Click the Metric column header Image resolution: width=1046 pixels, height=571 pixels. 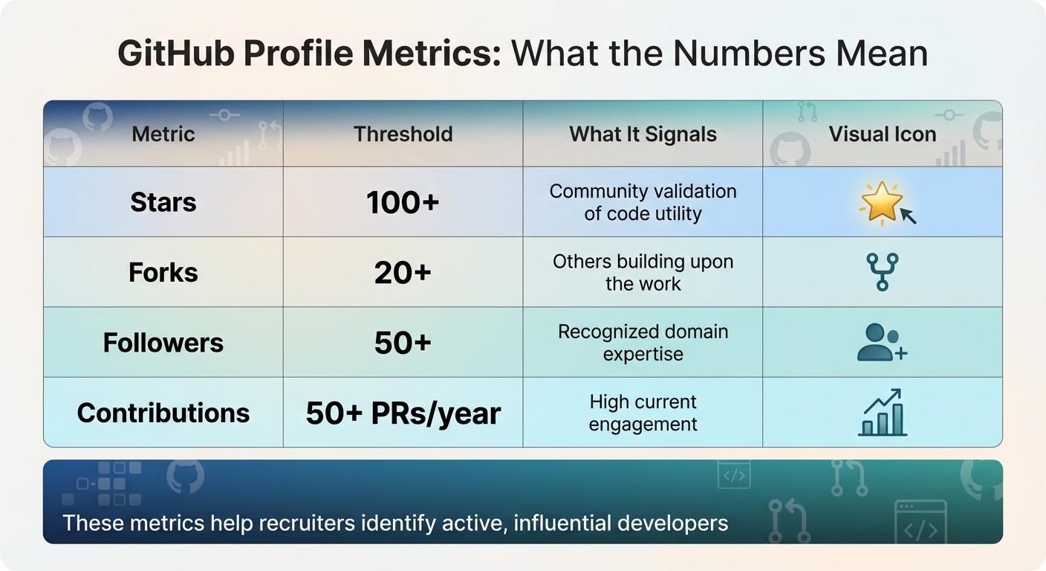coord(163,135)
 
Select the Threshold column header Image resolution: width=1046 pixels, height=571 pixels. coord(403,135)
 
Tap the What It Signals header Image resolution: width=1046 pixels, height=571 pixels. coord(643,135)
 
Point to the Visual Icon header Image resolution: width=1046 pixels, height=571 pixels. coord(883,135)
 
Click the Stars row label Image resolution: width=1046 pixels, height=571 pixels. coord(163,202)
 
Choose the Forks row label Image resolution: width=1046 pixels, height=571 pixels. coord(163,272)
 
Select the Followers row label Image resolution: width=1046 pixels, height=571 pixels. coord(163,343)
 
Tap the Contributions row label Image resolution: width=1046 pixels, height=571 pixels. coord(163,413)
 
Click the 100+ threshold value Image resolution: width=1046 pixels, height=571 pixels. coord(403,202)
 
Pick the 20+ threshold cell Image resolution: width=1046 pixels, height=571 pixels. coord(403,272)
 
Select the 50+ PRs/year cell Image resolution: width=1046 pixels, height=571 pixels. coord(403,413)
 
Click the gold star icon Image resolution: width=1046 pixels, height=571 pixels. coord(880,201)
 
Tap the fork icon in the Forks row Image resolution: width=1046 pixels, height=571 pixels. coord(883,271)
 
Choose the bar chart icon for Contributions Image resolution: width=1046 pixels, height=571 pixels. coord(883,413)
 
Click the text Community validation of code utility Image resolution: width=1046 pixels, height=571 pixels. coord(643,202)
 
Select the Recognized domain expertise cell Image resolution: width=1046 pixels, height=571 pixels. coord(643,343)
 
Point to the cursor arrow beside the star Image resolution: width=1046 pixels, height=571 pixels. coord(908,216)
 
